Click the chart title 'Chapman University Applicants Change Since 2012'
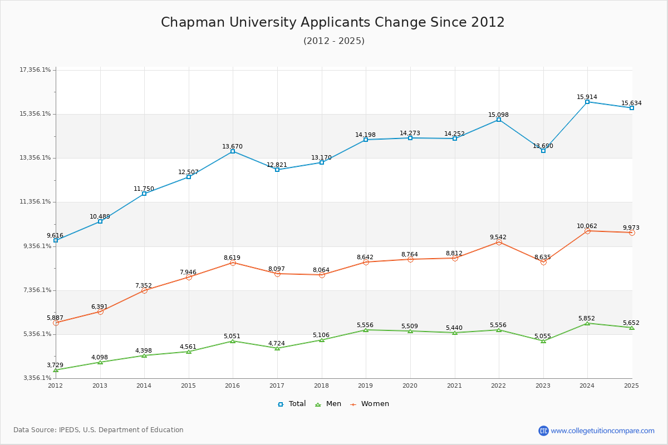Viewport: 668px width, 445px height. tap(333, 22)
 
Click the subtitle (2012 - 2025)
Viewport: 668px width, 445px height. tap(333, 41)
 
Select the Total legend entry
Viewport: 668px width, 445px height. tap(292, 404)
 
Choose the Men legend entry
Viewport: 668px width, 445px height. tap(328, 404)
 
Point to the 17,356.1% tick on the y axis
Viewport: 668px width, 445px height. tap(36, 70)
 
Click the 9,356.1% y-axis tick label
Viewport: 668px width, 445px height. tap(36, 246)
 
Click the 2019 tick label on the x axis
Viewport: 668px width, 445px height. tap(366, 385)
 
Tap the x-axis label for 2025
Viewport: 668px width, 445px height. tap(631, 385)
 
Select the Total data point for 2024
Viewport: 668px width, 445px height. tap(587, 102)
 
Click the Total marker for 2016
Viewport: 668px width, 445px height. tap(233, 151)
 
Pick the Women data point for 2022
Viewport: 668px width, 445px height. tap(499, 243)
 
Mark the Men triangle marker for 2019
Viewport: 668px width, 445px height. tap(366, 330)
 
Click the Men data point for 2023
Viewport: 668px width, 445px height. tap(543, 341)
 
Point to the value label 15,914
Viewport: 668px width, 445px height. tap(587, 97)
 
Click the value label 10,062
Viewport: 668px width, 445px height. tap(587, 226)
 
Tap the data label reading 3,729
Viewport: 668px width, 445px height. tap(55, 364)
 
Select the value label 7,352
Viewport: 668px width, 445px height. tap(143, 285)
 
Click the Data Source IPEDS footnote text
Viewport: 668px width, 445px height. tap(99, 430)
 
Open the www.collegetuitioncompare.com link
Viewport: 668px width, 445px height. tap(602, 431)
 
